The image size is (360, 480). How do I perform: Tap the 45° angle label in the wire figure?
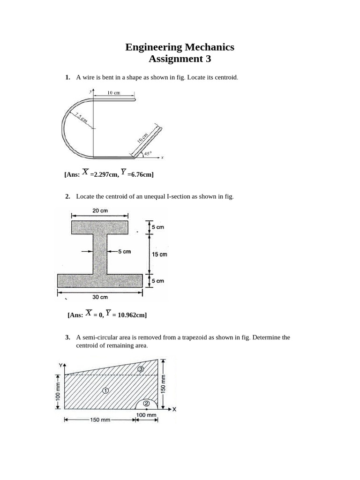point(148,153)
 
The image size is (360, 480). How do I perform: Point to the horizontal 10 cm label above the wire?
point(113,93)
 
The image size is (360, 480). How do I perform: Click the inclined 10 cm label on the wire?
point(142,138)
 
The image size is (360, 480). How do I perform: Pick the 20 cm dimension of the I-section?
point(100,211)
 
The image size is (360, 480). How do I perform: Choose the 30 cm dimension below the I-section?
point(100,297)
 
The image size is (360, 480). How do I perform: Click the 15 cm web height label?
point(159,255)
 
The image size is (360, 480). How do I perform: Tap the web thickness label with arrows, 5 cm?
point(124,251)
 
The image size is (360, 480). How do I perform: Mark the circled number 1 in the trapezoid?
point(105,390)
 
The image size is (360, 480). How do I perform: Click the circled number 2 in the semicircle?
point(146,403)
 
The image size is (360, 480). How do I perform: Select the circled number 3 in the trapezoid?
point(140,369)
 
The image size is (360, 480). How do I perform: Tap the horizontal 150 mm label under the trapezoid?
point(100,420)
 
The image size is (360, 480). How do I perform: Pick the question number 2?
point(67,196)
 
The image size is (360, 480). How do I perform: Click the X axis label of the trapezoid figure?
point(174,409)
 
